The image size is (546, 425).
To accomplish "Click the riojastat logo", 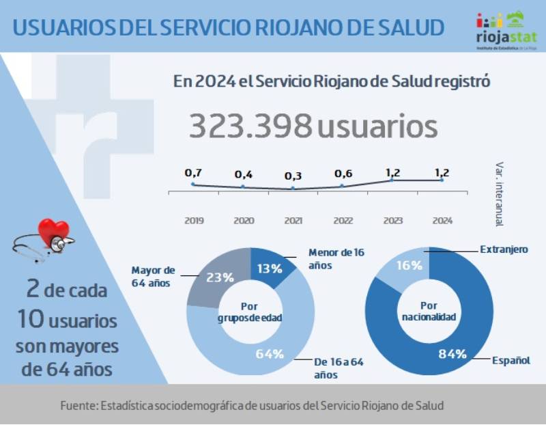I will click(506, 30).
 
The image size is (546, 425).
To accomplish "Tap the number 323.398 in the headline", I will click(250, 126).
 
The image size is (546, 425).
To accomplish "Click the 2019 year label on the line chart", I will click(194, 221).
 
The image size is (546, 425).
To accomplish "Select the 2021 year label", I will click(293, 221).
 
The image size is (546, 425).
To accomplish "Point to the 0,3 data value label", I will click(293, 176).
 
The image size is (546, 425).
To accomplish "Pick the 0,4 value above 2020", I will click(244, 174).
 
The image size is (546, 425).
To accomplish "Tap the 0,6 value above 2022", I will click(343, 174).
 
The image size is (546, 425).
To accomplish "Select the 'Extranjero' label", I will click(504, 249).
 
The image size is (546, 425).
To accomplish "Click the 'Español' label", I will click(511, 359).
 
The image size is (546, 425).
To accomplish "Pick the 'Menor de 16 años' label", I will click(336, 258).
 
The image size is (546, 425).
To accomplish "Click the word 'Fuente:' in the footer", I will click(78, 405).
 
